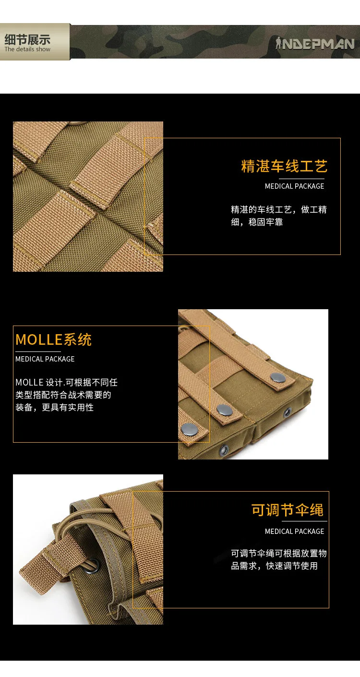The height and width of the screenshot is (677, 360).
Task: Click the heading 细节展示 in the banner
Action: pyautogui.click(x=27, y=39)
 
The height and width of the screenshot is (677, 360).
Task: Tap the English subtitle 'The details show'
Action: pyautogui.click(x=27, y=49)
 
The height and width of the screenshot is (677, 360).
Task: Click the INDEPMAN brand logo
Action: pyautogui.click(x=315, y=44)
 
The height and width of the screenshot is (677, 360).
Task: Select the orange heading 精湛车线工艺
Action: pyautogui.click(x=284, y=166)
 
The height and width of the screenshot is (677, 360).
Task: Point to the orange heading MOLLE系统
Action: pyautogui.click(x=53, y=340)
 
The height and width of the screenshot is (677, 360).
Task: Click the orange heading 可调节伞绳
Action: pyautogui.click(x=288, y=510)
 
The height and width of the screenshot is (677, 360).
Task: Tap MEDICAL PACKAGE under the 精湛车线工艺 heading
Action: pyautogui.click(x=294, y=186)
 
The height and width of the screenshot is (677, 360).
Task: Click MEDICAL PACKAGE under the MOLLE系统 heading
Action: pyautogui.click(x=45, y=359)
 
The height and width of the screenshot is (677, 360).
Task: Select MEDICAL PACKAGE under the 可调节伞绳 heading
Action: pyautogui.click(x=294, y=532)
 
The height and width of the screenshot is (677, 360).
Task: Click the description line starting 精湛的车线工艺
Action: pyautogui.click(x=279, y=209)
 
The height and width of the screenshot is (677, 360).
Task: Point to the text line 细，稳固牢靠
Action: pyautogui.click(x=257, y=222)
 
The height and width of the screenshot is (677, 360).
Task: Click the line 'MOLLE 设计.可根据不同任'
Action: pyautogui.click(x=67, y=382)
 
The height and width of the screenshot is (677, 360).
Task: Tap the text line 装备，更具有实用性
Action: pyautogui.click(x=54, y=408)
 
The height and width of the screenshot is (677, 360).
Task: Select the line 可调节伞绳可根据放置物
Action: pyautogui.click(x=279, y=554)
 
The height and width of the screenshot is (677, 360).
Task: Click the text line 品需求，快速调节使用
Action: pyautogui.click(x=274, y=566)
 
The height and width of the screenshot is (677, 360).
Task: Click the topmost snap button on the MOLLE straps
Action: pyautogui.click(x=277, y=377)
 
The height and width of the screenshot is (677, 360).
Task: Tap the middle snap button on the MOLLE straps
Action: pyautogui.click(x=225, y=410)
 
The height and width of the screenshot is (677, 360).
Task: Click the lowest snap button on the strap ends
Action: pyautogui.click(x=190, y=429)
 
